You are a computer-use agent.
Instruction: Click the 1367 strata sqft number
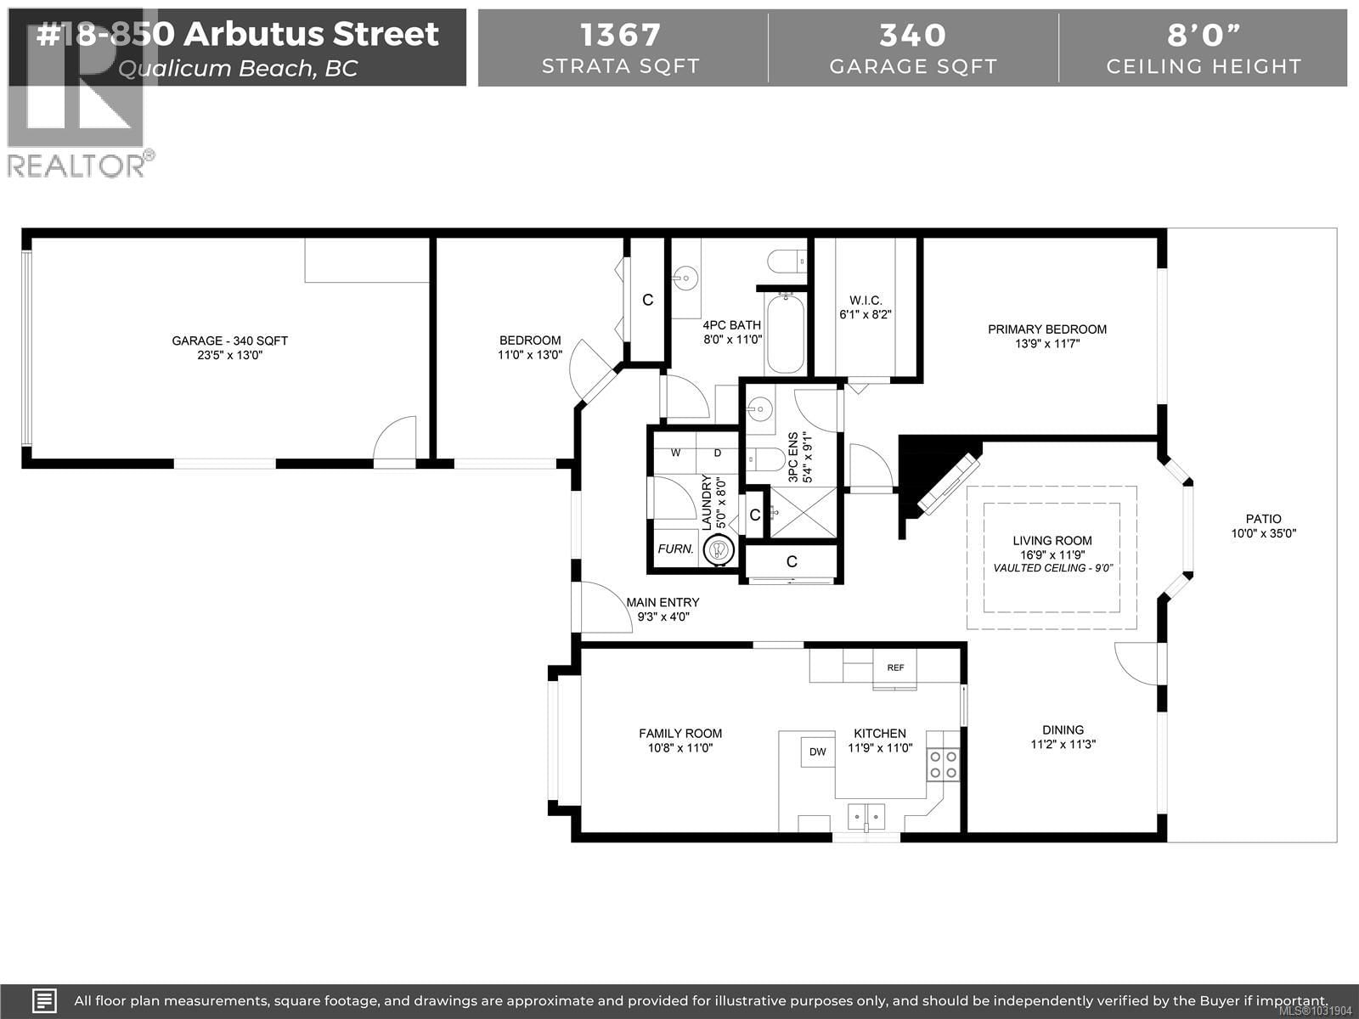[x=620, y=35]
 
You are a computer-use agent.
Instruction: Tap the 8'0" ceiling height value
[x=1204, y=35]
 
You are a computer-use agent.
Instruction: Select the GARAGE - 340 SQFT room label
[x=229, y=341]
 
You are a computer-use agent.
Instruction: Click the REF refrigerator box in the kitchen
[x=895, y=667]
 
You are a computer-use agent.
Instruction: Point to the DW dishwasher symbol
[x=817, y=752]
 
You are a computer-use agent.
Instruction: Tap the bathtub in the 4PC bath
[x=785, y=334]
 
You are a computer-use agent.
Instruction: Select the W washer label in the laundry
[x=676, y=453]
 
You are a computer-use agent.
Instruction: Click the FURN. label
[x=675, y=549]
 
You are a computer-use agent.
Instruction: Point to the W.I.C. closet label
[x=866, y=301]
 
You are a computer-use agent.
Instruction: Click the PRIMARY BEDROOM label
[x=1046, y=329]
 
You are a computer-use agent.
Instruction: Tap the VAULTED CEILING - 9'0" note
[x=1052, y=568]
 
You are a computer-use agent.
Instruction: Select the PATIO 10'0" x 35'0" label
[x=1263, y=526]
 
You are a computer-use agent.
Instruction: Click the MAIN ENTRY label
[x=663, y=602]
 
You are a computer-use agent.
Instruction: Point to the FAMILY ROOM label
[x=679, y=734]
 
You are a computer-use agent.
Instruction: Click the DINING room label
[x=1063, y=729]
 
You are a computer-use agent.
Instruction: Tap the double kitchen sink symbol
[x=866, y=816]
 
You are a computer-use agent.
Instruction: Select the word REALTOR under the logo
[x=76, y=165]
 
